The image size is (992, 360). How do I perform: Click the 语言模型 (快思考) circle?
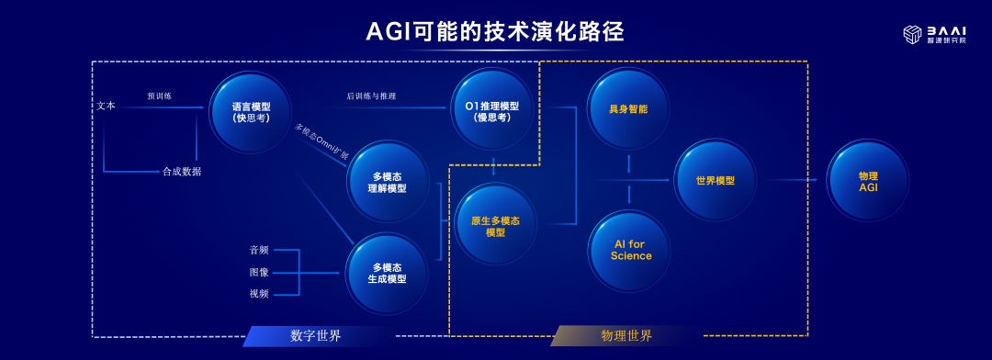tap(251, 112)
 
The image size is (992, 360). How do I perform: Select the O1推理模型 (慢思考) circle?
tap(491, 108)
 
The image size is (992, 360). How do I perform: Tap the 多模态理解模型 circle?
tap(388, 182)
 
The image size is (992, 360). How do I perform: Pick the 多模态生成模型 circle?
tap(388, 274)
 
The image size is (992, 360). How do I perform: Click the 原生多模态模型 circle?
tap(495, 224)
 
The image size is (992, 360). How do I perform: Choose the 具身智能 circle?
tap(628, 108)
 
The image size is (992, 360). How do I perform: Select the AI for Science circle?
tap(630, 251)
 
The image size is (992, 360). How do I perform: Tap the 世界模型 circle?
tap(715, 180)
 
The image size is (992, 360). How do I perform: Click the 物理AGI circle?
tap(868, 180)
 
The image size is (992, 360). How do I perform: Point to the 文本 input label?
tap(107, 107)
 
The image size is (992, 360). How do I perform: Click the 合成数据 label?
tap(182, 171)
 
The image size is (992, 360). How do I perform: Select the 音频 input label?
tap(259, 250)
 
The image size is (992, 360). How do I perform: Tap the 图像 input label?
tap(259, 273)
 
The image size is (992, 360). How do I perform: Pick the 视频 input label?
tap(259, 294)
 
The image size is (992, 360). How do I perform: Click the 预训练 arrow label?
tap(160, 96)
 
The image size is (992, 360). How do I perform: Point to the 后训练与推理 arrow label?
tap(371, 96)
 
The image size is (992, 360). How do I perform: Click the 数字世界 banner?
tap(315, 336)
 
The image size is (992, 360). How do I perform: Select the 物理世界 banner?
tap(626, 336)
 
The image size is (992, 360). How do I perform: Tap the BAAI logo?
tap(934, 35)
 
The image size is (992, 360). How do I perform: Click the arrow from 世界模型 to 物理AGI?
tap(791, 180)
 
